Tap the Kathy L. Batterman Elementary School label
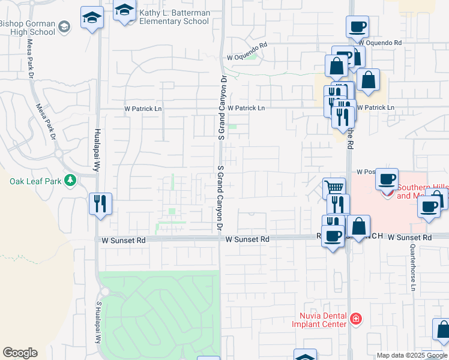[174, 17]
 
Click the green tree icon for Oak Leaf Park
[71, 179]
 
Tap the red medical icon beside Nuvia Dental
[356, 318]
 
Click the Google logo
[20, 353]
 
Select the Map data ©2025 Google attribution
[411, 355]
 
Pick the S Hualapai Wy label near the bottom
[98, 321]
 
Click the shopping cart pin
[334, 187]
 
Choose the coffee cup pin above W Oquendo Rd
[357, 27]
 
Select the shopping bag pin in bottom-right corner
[443, 330]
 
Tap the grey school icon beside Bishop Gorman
[64, 26]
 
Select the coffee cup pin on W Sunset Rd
[333, 235]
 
